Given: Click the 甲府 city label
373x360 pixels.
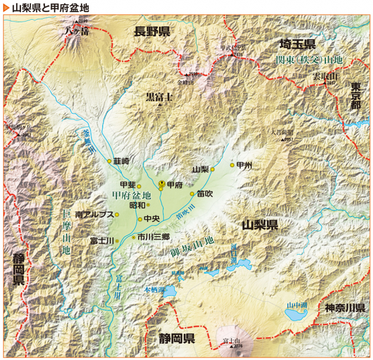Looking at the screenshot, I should [x=175, y=185].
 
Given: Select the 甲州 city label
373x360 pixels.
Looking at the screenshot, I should [x=245, y=165].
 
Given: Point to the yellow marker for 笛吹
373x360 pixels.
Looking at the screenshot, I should [x=192, y=194].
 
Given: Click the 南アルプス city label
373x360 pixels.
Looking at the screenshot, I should [x=93, y=214].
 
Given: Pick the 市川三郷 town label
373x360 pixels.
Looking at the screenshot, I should [x=154, y=237].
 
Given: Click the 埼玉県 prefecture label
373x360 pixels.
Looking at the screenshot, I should [x=297, y=44].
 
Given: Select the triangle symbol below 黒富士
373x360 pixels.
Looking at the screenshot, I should [x=159, y=105].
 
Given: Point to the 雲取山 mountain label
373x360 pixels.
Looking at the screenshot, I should [x=325, y=76].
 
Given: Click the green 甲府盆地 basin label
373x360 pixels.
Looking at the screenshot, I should [x=131, y=195].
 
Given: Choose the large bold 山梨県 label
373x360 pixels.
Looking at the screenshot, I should [x=260, y=225].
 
